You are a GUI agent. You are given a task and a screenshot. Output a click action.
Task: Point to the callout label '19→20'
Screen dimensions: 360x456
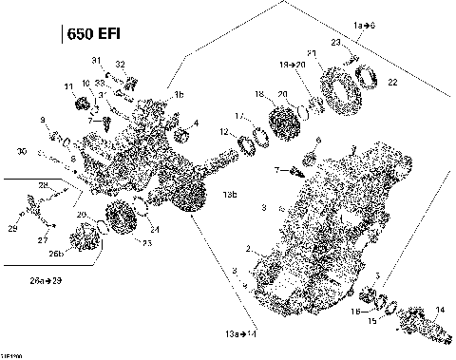(292, 64)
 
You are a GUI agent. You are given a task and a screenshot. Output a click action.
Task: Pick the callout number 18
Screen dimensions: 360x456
(258, 95)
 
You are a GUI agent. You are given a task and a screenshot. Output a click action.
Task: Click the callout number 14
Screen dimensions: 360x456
(439, 310)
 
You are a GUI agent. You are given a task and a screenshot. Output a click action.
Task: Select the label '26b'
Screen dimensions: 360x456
(56, 253)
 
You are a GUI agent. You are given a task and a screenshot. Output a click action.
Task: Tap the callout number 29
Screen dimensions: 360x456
(12, 229)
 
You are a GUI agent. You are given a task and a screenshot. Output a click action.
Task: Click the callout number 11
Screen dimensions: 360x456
(67, 87)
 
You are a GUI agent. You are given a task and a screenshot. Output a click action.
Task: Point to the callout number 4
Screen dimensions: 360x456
(196, 123)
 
